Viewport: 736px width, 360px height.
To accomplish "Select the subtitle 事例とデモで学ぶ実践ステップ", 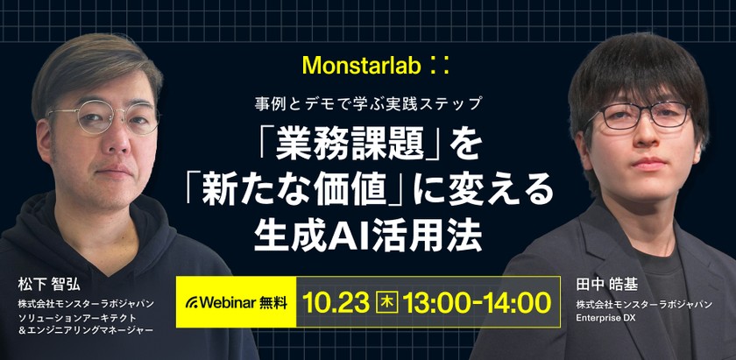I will (368, 103).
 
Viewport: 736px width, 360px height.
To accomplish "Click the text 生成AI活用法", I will (367, 231).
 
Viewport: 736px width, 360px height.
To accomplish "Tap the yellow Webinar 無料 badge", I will (235, 303).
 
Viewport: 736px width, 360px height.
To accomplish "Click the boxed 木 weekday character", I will (386, 303).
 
